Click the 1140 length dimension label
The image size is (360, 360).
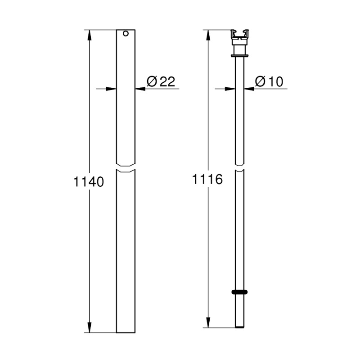tap(88, 182)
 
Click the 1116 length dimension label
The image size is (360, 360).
tap(207, 180)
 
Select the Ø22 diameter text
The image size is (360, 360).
tap(161, 81)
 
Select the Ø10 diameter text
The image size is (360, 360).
tap(269, 81)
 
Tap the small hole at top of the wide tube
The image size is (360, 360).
tap(126, 34)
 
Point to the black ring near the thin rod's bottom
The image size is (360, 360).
tap(239, 292)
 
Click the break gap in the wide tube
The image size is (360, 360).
tap(126, 167)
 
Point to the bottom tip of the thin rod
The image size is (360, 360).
tap(239, 327)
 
